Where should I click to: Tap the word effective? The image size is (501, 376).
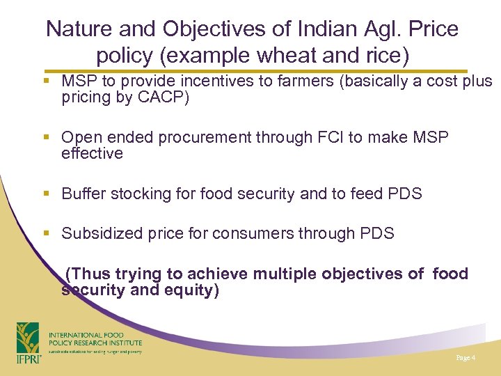92,153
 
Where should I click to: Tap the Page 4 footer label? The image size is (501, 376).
466,358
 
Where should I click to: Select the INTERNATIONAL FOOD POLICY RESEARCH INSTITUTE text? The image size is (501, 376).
95,339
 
